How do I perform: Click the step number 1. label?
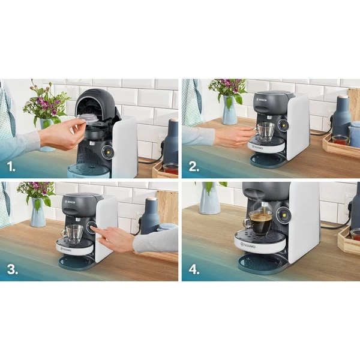pos(11,165)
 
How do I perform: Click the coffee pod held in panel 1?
pos(88,118)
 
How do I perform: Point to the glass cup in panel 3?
pos(73,233)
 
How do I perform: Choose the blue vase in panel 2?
pos(229,110)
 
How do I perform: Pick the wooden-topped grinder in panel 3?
pos(150,216)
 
